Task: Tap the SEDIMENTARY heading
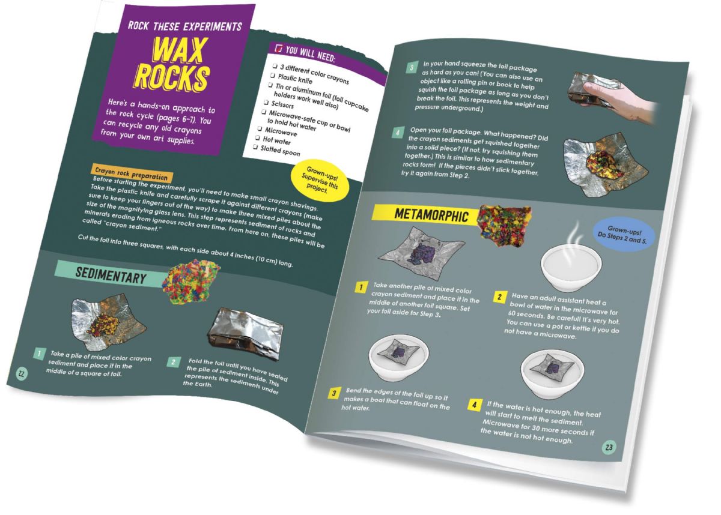pyautogui.click(x=111, y=276)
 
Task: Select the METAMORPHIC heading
pyautogui.click(x=431, y=214)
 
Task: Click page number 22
pyautogui.click(x=22, y=373)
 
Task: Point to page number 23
pyautogui.click(x=609, y=447)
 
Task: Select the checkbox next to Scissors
pyautogui.click(x=266, y=102)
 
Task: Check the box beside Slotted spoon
pyautogui.click(x=255, y=147)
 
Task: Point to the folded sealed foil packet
pyautogui.click(x=247, y=331)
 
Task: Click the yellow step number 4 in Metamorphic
pyautogui.click(x=474, y=405)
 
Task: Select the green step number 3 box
pyautogui.click(x=412, y=67)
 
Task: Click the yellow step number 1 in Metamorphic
pyautogui.click(x=360, y=286)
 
